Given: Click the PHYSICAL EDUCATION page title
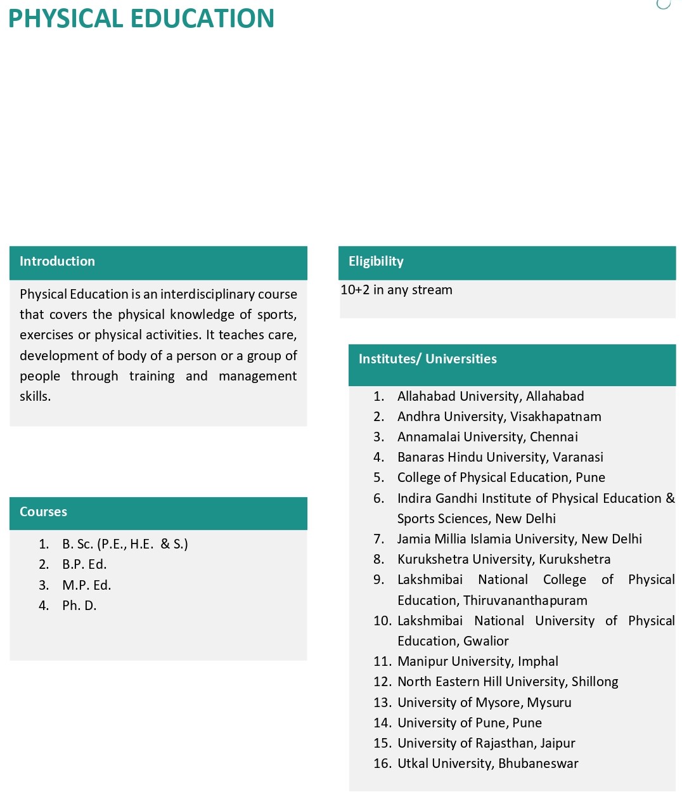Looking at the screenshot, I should coord(141,18).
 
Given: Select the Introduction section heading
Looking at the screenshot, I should coord(57,261).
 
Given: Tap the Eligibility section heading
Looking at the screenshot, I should coord(376,261).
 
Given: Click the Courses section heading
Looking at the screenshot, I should coord(43,512).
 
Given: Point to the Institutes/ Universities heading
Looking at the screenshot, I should coord(428,359).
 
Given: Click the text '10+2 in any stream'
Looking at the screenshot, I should coord(397,290).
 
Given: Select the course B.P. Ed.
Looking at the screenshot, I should coord(84,564).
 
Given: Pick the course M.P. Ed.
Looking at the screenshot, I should coord(86,585).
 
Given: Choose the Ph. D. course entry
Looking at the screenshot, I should coord(79,606).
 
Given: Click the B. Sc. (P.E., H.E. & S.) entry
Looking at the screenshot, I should coord(125,544).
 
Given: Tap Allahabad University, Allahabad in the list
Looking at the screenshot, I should coord(491,396).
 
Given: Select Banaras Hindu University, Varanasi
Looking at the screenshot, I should coord(500,457).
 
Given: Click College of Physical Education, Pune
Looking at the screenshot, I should coord(501,477).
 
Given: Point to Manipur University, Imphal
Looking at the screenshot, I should coord(478,661).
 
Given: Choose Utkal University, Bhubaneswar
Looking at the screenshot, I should coord(487,763).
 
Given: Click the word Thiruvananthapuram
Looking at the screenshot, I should coord(525,601).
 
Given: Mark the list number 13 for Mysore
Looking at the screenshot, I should coord(382,703).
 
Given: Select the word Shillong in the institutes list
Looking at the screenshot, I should coord(595,682).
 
